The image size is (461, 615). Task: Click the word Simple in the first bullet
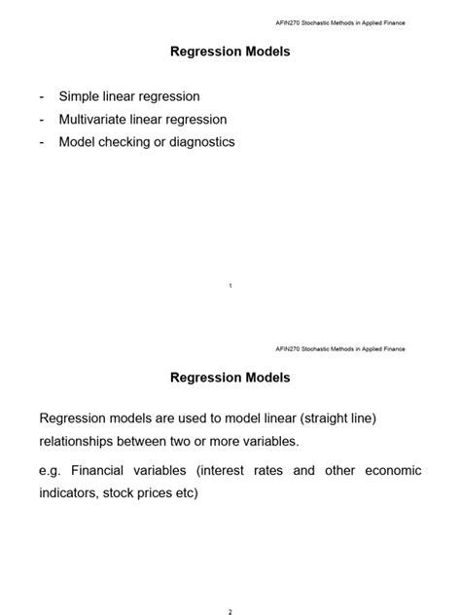81,96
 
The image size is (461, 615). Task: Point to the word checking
126,142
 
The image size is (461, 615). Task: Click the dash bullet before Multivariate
42,120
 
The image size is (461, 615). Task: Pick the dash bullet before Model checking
42,142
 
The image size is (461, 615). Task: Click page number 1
230,285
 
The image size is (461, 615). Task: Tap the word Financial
104,471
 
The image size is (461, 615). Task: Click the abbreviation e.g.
50,471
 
